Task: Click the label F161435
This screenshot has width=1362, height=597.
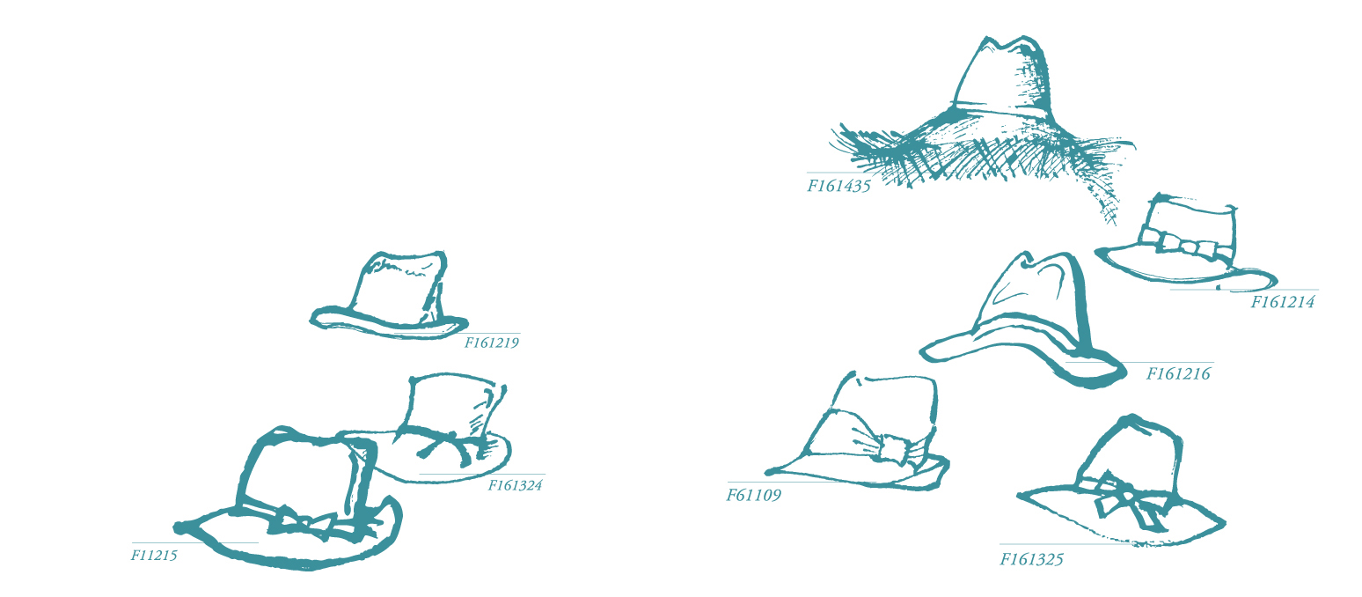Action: point(838,186)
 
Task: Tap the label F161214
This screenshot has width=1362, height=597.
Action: point(1282,302)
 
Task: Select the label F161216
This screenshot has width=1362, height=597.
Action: point(1178,373)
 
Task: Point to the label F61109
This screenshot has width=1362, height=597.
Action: point(753,495)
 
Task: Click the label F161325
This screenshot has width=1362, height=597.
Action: point(1031,559)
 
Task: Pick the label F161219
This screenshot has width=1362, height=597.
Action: point(491,343)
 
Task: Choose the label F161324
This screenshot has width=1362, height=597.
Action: point(515,485)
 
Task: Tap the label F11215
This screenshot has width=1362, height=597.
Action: point(154,555)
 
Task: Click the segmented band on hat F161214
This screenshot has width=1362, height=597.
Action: point(1186,242)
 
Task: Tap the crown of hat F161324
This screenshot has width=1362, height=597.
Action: point(453,405)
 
